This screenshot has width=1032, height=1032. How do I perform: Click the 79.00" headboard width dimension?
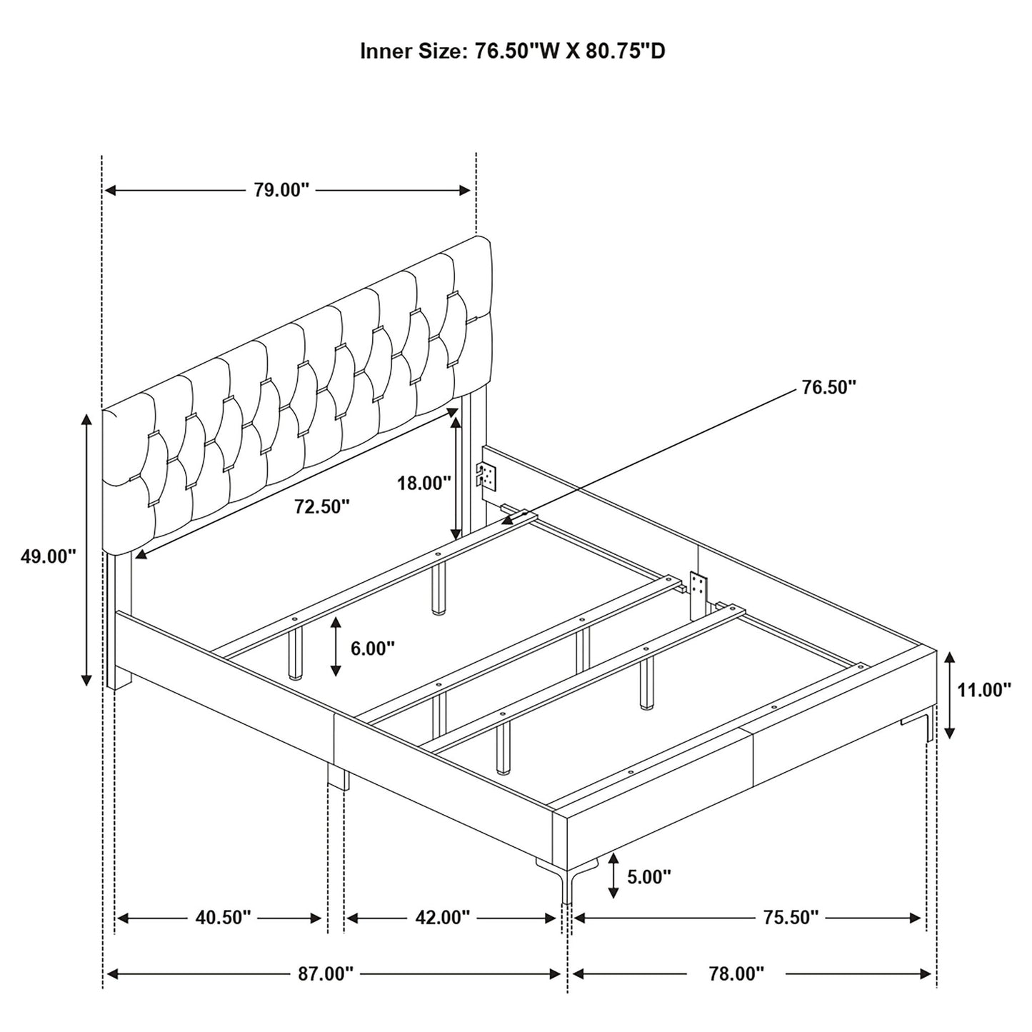pyautogui.click(x=281, y=191)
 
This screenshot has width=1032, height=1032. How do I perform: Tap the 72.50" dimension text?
pyautogui.click(x=322, y=507)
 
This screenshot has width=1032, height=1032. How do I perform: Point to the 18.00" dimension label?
pyautogui.click(x=424, y=483)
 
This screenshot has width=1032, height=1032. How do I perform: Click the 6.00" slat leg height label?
pyautogui.click(x=373, y=648)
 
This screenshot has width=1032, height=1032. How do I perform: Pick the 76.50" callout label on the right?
pyautogui.click(x=828, y=387)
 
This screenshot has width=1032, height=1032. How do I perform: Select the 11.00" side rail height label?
pyautogui.click(x=985, y=690)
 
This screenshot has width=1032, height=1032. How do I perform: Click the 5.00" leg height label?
pyautogui.click(x=649, y=876)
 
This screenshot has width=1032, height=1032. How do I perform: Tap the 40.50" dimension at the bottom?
pyautogui.click(x=224, y=918)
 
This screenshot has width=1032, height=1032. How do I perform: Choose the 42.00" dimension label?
pyautogui.click(x=443, y=918)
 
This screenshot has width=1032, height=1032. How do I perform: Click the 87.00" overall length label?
pyautogui.click(x=325, y=973)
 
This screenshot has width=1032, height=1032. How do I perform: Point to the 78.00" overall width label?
pyautogui.click(x=737, y=973)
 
